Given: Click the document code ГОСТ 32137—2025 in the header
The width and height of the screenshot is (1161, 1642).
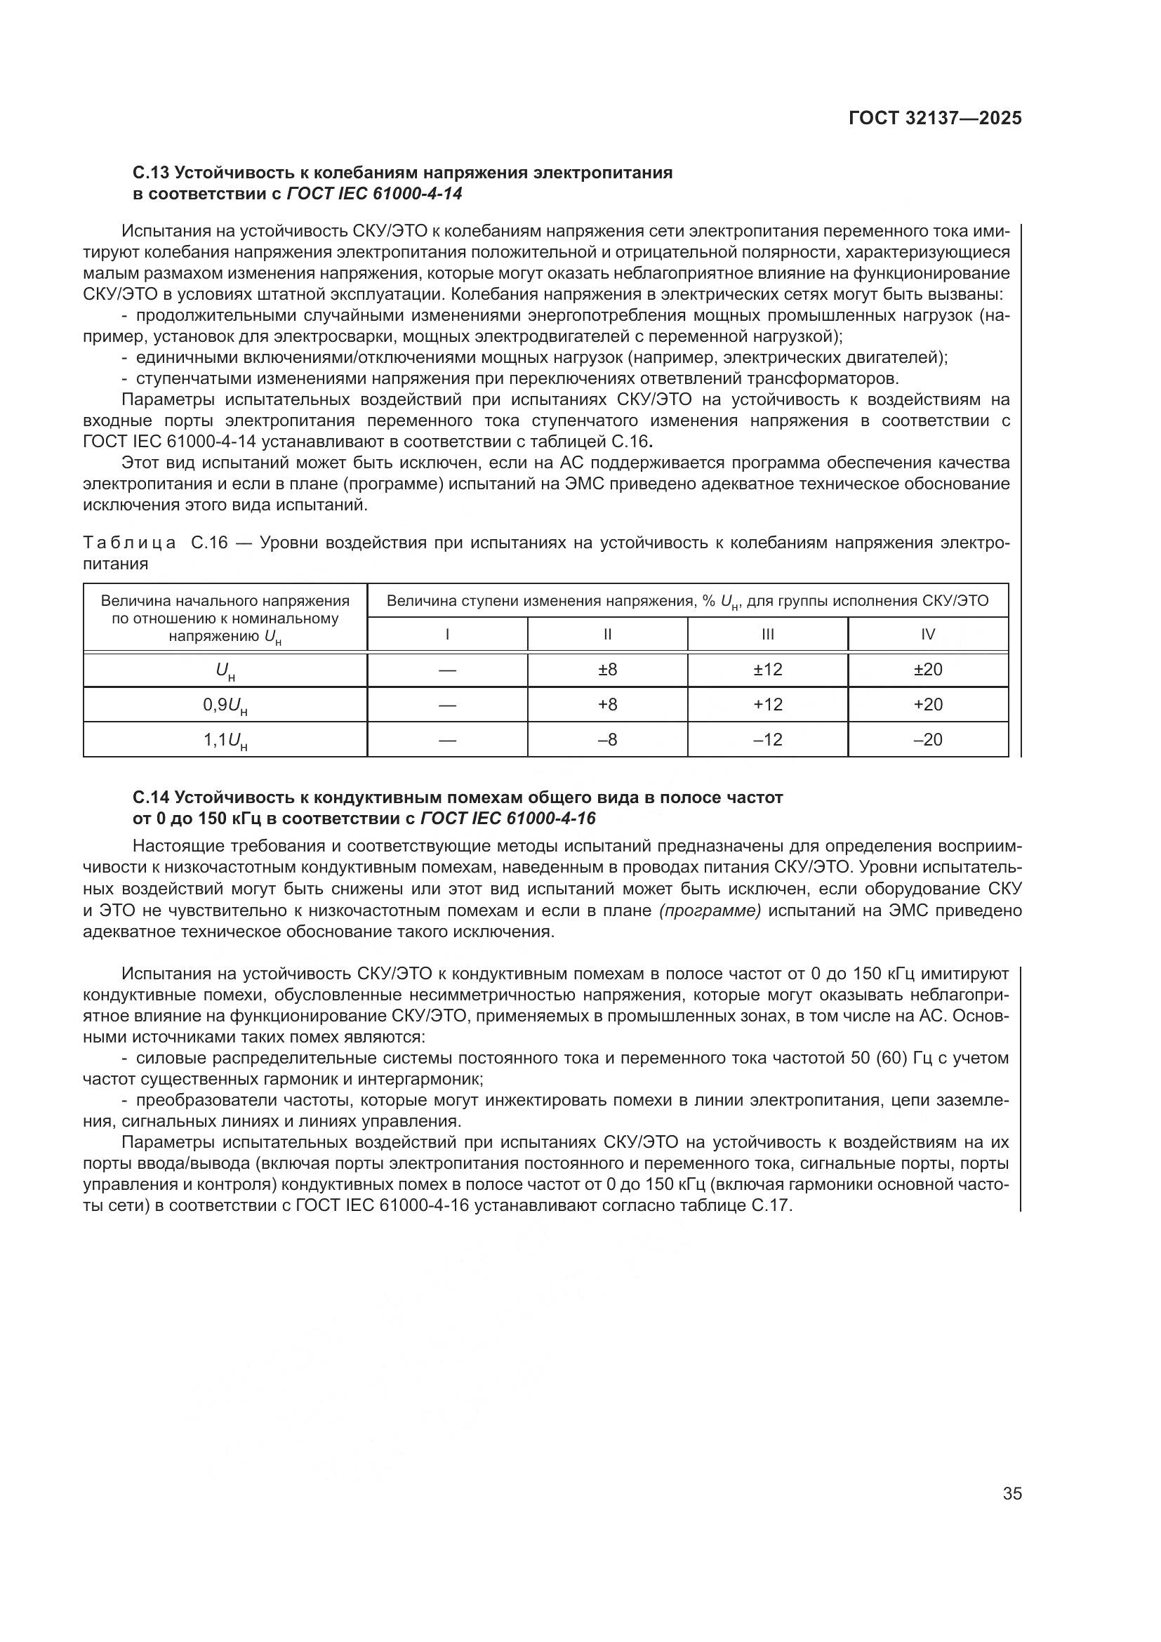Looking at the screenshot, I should (935, 118).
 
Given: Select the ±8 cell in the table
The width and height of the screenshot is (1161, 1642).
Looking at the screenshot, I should (607, 670).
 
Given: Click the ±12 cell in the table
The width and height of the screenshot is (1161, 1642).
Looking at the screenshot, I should (768, 670).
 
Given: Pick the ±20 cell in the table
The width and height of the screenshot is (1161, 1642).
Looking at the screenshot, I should (928, 670).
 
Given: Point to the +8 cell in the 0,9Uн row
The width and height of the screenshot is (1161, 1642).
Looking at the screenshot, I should (607, 704).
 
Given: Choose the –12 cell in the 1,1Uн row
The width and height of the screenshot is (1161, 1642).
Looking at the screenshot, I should (768, 739).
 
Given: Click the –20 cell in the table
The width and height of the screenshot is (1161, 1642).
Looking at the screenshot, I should (928, 739).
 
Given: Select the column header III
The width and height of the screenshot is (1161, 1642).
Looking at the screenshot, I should (768, 635).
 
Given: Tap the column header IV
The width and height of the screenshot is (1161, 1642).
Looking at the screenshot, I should (928, 635).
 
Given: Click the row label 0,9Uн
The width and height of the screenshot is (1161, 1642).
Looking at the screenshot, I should (225, 706).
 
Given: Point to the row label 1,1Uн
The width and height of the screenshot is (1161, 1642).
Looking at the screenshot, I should (225, 741).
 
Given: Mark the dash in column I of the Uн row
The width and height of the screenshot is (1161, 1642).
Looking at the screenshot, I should (447, 670).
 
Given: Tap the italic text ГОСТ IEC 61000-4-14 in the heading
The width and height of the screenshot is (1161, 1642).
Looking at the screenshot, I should (374, 194).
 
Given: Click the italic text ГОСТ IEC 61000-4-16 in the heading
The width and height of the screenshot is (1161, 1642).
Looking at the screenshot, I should (507, 818).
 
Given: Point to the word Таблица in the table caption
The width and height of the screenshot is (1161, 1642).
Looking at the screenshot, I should (129, 543).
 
